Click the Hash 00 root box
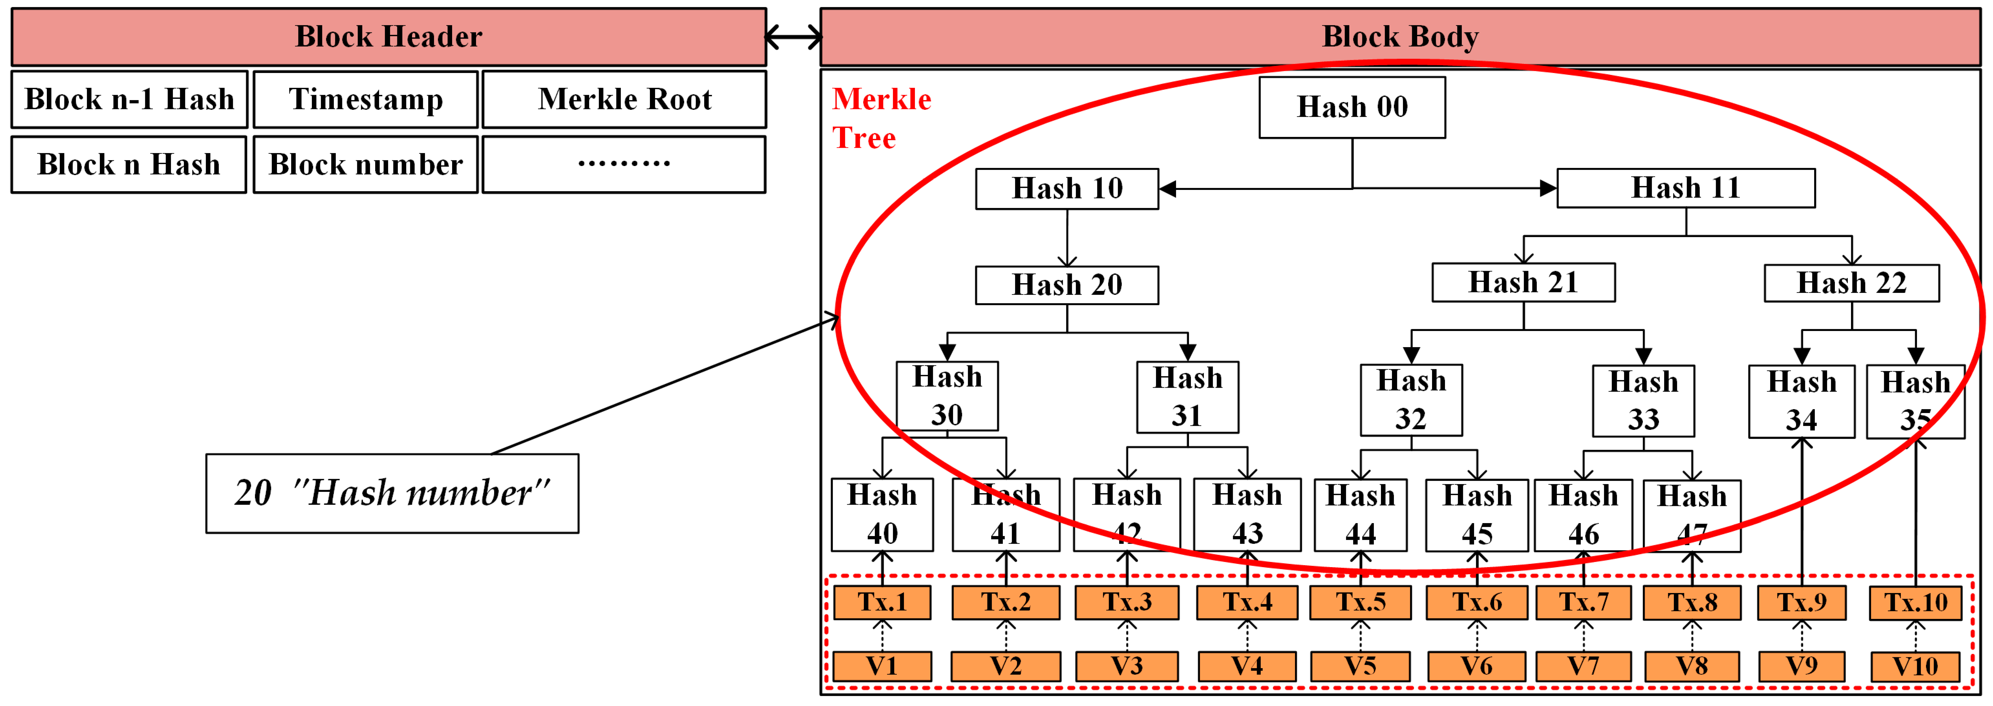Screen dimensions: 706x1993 click(x=1352, y=107)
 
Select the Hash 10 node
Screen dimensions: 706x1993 click(x=1067, y=188)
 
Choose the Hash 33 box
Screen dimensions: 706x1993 click(x=1643, y=401)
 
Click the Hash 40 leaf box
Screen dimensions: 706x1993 click(x=882, y=514)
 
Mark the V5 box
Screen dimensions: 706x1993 click(x=1360, y=666)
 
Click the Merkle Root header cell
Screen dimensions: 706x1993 click(x=624, y=99)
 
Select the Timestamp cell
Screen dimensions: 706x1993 click(x=365, y=99)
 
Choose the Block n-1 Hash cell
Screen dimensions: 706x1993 click(x=129, y=99)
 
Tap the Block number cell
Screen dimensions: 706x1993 click(x=365, y=164)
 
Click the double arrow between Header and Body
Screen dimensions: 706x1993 click(x=793, y=36)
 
